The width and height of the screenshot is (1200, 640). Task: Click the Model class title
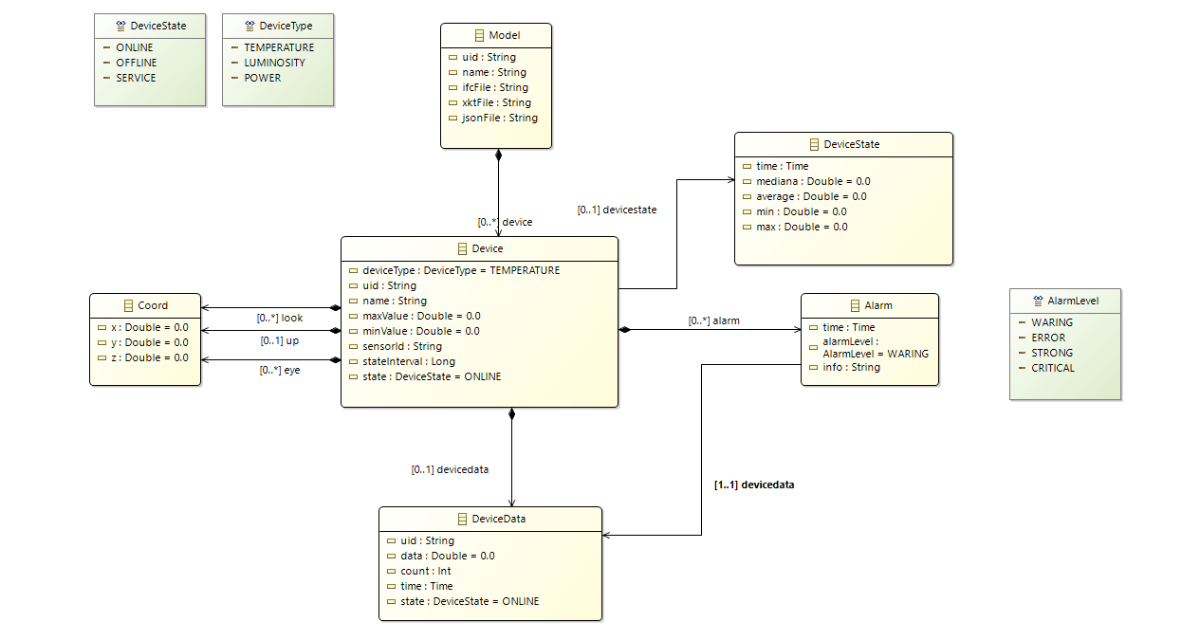coord(504,36)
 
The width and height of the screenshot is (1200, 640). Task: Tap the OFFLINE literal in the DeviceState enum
coord(137,63)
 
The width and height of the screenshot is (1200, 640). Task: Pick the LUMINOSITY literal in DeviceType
coord(274,63)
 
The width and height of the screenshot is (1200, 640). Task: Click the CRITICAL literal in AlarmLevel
coord(1053,368)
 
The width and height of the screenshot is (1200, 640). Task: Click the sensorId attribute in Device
coord(402,346)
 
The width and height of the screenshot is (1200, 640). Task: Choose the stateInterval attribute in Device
coord(409,361)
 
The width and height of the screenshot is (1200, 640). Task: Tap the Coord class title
coord(152,305)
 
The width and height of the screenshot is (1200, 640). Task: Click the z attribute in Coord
coord(149,357)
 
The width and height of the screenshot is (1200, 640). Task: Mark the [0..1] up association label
coord(280,339)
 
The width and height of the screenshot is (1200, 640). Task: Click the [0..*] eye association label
coord(280,370)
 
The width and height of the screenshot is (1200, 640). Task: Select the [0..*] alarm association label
coord(713,320)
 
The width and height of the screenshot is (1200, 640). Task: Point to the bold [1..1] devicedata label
coord(754,485)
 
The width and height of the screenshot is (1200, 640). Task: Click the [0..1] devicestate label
coord(617,210)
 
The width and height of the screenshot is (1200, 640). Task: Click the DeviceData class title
coord(498,519)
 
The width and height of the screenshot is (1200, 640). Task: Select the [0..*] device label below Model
coord(505,222)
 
